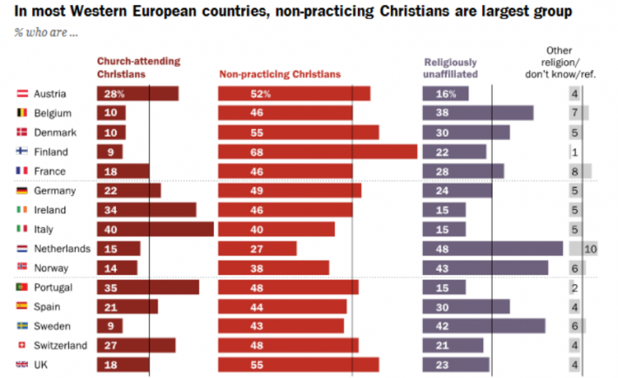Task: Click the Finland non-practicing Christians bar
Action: pyautogui.click(x=318, y=152)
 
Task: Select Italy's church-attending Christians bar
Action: pyautogui.click(x=155, y=229)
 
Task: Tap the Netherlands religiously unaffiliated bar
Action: pyautogui.click(x=493, y=249)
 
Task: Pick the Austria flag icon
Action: pyautogui.click(x=22, y=93)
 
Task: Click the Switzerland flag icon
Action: pyautogui.click(x=22, y=346)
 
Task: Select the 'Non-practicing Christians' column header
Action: pyautogui.click(x=279, y=74)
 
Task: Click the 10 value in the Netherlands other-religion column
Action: pyautogui.click(x=590, y=249)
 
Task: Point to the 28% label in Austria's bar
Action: pyautogui.click(x=112, y=93)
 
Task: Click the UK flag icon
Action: pyautogui.click(x=22, y=365)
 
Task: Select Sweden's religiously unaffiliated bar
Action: pyautogui.click(x=484, y=327)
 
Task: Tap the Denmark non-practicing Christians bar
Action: pyautogui.click(x=299, y=132)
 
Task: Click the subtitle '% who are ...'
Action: pyautogui.click(x=43, y=32)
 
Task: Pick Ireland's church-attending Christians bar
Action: pyautogui.click(x=146, y=210)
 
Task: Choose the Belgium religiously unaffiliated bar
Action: pyautogui.click(x=478, y=112)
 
